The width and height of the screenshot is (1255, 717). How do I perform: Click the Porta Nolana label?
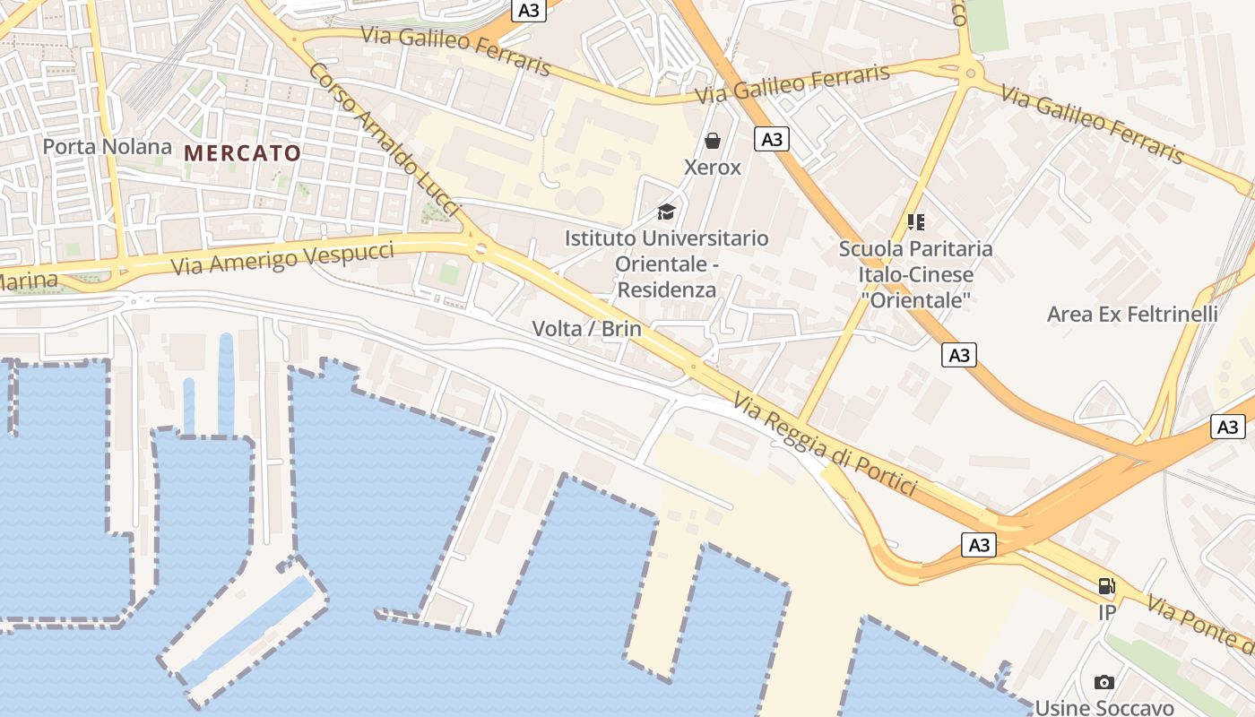click(108, 146)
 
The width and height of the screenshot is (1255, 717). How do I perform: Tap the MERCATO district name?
click(242, 153)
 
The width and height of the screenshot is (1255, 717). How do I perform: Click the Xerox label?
click(713, 168)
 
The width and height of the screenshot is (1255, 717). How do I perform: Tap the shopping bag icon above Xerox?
click(713, 141)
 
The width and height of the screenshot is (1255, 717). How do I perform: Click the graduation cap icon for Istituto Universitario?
click(666, 212)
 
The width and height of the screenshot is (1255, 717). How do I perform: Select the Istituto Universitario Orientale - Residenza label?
click(666, 263)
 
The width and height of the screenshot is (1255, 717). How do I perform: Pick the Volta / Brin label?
click(587, 329)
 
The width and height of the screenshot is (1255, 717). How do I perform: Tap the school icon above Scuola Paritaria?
click(915, 221)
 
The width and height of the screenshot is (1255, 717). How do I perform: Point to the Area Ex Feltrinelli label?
click(1132, 315)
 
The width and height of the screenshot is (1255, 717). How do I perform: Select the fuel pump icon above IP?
click(1107, 586)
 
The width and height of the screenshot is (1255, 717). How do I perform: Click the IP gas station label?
click(1107, 613)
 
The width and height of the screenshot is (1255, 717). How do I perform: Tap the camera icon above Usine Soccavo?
click(1104, 682)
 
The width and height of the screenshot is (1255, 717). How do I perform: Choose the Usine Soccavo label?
click(1104, 707)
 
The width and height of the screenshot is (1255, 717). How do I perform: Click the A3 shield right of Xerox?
click(771, 139)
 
